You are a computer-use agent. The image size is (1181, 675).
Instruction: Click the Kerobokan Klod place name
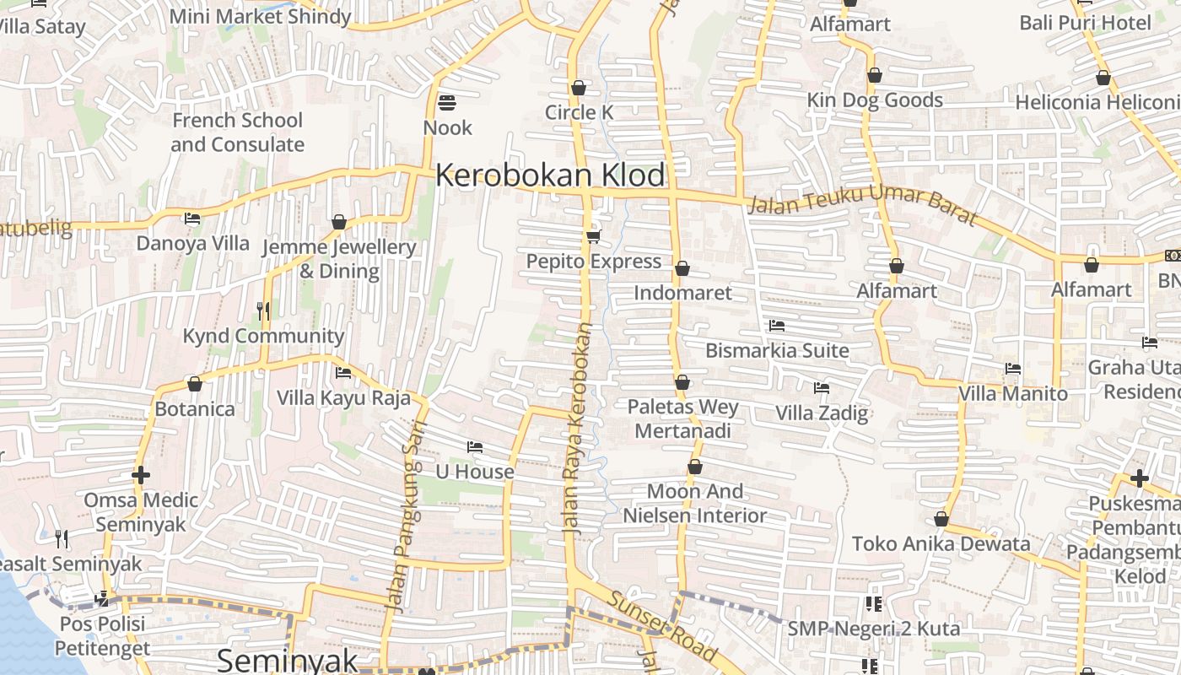pyautogui.click(x=550, y=175)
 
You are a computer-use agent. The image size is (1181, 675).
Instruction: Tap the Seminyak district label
pyautogui.click(x=288, y=660)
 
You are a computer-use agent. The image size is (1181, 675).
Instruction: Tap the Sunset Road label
pyautogui.click(x=663, y=627)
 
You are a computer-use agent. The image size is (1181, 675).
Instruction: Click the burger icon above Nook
pyautogui.click(x=447, y=103)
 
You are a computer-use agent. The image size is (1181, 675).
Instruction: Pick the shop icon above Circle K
pyautogui.click(x=579, y=88)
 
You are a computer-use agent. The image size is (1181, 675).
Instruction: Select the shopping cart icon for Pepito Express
pyautogui.click(x=594, y=236)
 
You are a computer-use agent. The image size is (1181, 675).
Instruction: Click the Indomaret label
pyautogui.click(x=682, y=293)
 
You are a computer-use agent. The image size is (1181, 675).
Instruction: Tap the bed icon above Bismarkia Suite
pyautogui.click(x=777, y=326)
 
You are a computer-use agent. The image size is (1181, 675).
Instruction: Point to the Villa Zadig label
pyautogui.click(x=822, y=413)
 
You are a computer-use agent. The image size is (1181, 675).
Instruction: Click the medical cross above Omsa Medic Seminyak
pyautogui.click(x=141, y=475)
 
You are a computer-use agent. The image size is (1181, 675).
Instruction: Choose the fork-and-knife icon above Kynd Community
pyautogui.click(x=263, y=310)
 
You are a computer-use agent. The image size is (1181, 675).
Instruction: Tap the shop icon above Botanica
pyautogui.click(x=195, y=384)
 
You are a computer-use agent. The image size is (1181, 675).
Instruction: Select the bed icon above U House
pyautogui.click(x=475, y=447)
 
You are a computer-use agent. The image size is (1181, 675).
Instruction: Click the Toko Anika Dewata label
pyautogui.click(x=941, y=543)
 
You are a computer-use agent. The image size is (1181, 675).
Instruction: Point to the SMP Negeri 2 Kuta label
pyautogui.click(x=873, y=629)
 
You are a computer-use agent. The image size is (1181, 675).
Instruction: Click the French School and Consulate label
pyautogui.click(x=237, y=132)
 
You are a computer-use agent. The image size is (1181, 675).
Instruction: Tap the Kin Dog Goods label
pyautogui.click(x=875, y=100)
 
